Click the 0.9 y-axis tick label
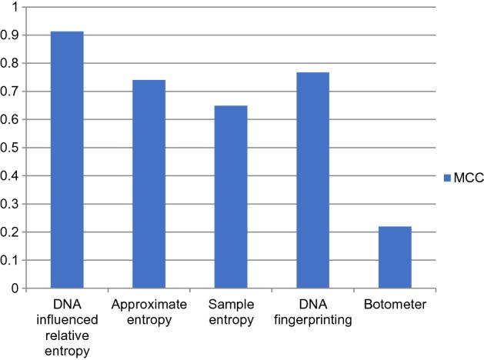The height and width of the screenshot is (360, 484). [x=11, y=35]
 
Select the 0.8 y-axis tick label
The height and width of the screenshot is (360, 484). [x=11, y=63]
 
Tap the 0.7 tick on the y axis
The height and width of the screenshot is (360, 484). [x=11, y=92]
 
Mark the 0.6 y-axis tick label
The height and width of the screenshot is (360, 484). [x=11, y=120]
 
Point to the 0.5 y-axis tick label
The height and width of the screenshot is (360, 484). [x=11, y=148]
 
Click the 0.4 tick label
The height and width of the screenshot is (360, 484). [x=11, y=176]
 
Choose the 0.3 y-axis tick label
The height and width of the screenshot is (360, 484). [x=11, y=204]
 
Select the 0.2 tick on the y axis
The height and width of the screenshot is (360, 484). [x=11, y=232]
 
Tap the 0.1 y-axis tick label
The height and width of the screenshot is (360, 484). [x=11, y=261]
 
